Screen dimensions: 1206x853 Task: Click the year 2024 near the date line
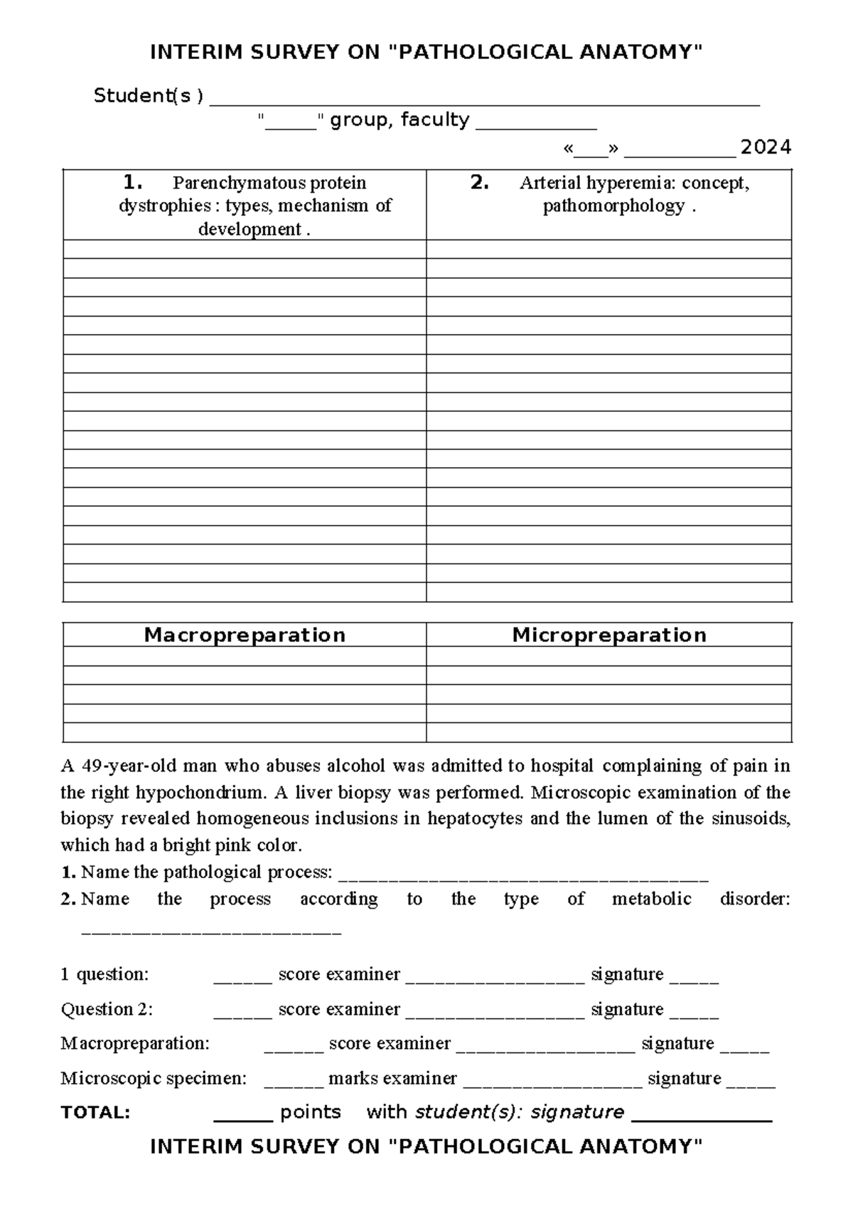[x=765, y=147]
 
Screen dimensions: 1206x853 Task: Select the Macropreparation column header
[x=245, y=635]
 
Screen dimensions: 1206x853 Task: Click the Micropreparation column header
[x=609, y=635]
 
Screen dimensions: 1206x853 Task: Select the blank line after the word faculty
[x=536, y=125]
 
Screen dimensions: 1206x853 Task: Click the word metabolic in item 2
[x=651, y=899]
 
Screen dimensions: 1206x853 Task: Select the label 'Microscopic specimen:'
[x=154, y=1078]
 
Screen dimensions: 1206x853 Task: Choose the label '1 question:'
[x=104, y=974]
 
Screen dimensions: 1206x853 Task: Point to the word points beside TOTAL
[x=311, y=1112]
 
